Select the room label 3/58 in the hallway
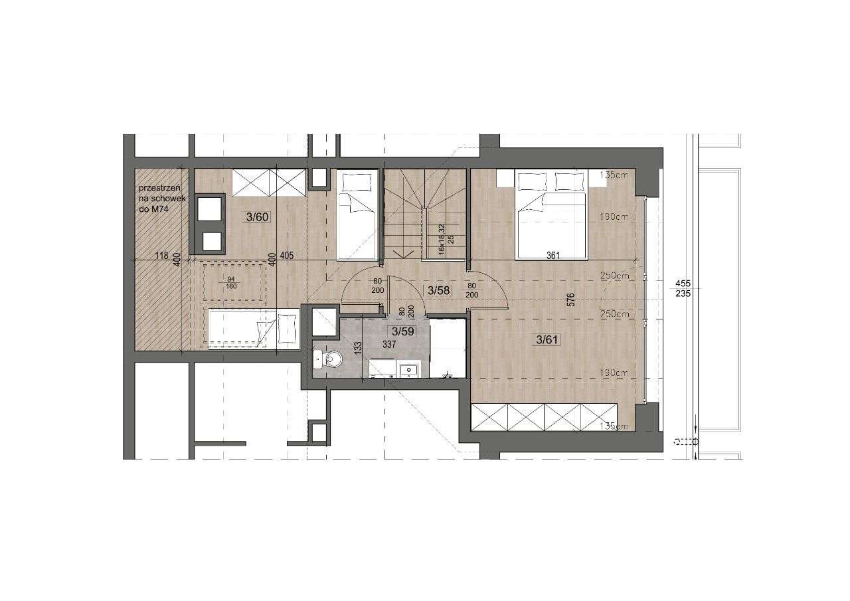coord(438,290)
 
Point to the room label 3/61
coord(548,340)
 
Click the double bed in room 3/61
coord(551,216)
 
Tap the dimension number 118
coord(159,254)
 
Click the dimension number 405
coord(286,254)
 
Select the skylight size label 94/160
coord(232,283)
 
